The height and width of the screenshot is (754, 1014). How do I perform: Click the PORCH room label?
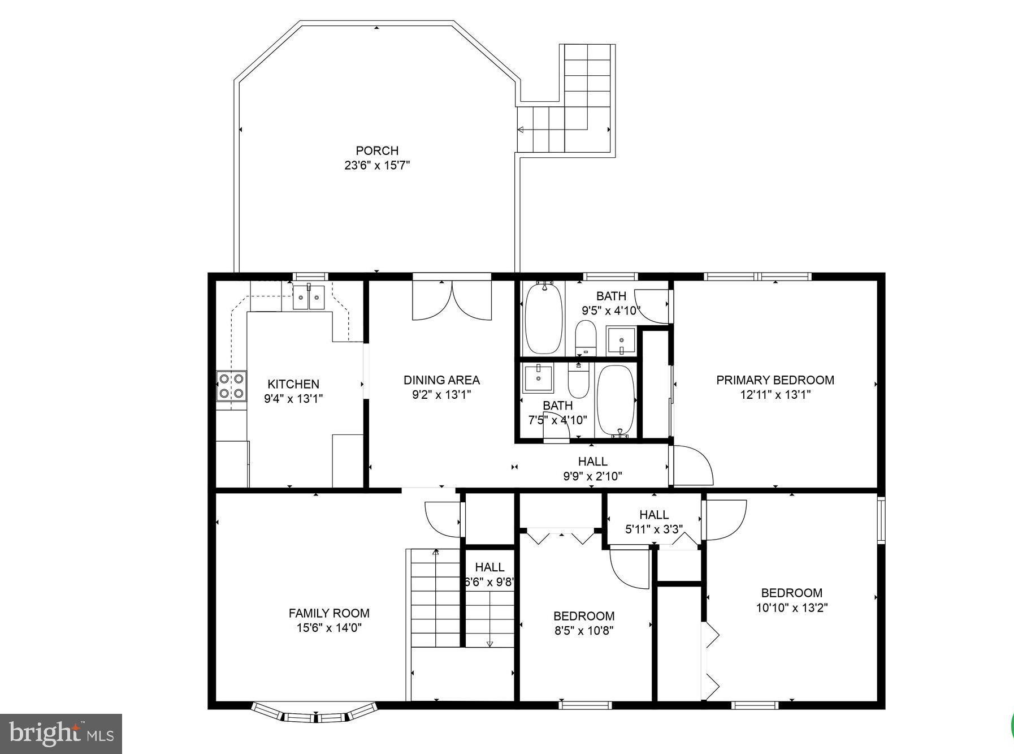377,150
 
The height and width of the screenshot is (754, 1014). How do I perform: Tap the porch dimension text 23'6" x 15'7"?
377,166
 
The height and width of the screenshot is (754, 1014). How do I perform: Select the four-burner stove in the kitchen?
232,386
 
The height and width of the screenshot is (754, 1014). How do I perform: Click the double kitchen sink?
309,298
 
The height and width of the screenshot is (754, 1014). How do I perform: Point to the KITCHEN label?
293,384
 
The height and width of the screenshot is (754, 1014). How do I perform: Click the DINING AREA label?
441,380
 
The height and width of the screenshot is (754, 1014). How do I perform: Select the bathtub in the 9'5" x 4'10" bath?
544,318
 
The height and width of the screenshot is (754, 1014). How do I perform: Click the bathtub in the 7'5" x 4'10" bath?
616,402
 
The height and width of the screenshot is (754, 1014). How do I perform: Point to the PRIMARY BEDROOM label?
775,380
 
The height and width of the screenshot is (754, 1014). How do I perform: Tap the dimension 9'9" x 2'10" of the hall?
592,476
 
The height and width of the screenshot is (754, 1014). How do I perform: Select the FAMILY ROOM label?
329,613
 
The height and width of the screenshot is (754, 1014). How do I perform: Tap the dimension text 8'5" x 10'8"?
584,631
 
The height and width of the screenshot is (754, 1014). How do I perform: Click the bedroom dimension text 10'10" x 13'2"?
792,608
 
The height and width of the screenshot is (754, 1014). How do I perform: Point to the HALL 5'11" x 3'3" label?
654,515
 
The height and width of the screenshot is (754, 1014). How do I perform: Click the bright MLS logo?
61,734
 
